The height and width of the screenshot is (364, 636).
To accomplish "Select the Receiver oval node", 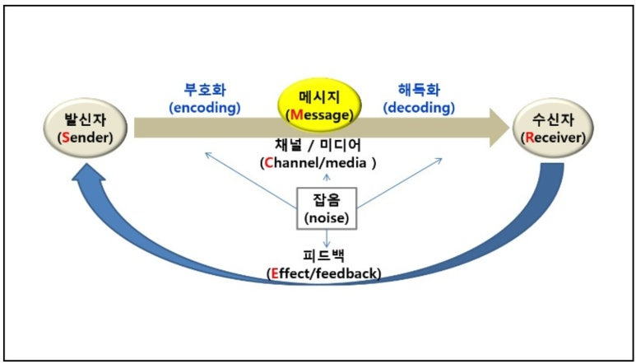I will (550, 128).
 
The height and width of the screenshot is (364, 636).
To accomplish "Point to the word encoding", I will (204, 107).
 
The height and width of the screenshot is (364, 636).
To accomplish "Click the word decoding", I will (420, 107).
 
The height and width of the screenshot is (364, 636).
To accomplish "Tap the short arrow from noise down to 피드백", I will (327, 239).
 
